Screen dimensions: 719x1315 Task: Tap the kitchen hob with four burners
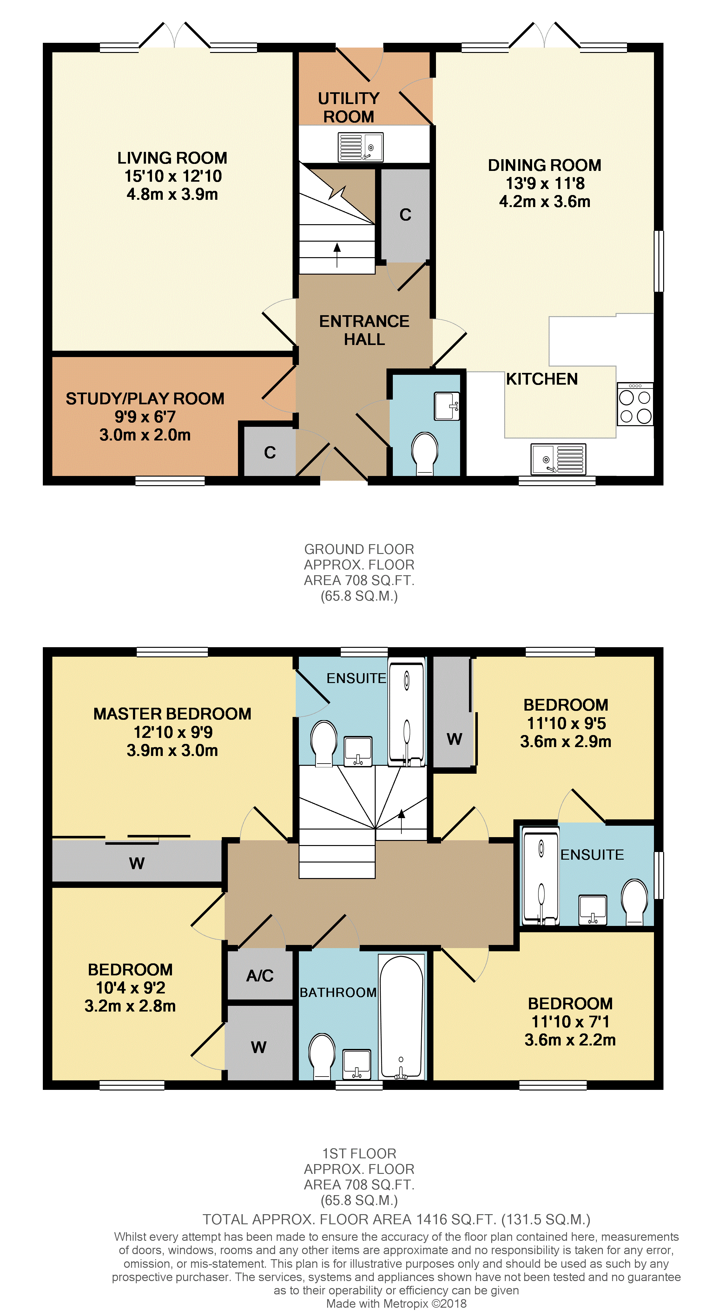(635, 404)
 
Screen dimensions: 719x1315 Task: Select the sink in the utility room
(360, 147)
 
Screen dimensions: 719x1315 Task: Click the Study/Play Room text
(145, 399)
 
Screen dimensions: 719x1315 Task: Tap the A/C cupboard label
(260, 975)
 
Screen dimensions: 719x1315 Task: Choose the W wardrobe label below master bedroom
(136, 863)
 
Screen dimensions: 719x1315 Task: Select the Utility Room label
(349, 107)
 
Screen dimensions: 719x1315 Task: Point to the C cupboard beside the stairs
(406, 215)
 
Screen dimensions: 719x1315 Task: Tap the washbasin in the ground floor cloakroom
(447, 406)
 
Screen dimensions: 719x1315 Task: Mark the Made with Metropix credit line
(396, 1303)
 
